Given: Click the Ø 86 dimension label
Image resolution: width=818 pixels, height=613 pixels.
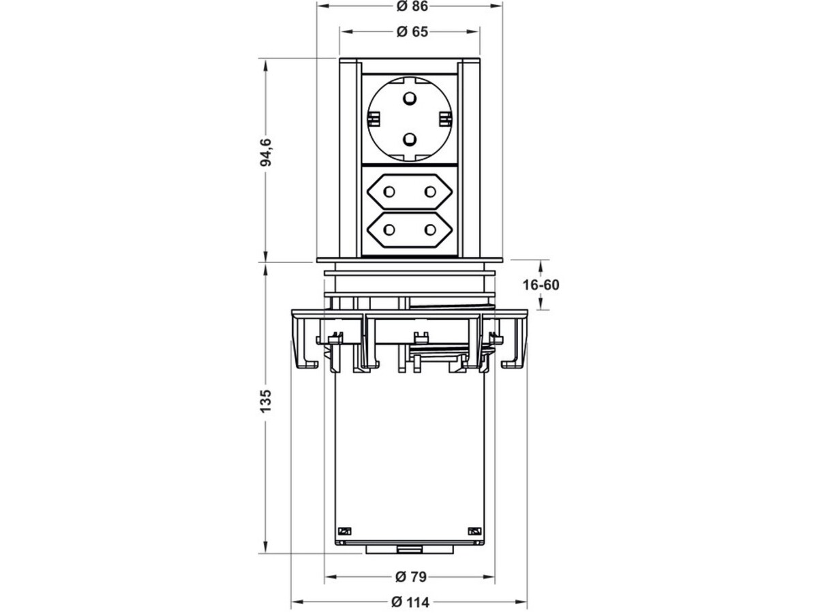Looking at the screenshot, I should pyautogui.click(x=410, y=6).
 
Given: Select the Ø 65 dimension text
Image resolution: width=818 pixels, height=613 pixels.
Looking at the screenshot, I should pyautogui.click(x=410, y=32).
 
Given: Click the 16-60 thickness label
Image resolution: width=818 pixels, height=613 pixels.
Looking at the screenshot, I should pyautogui.click(x=542, y=285).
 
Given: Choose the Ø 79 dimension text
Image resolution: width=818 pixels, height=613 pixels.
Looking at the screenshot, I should pyautogui.click(x=410, y=577).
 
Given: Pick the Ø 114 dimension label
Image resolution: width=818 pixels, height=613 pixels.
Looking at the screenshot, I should pyautogui.click(x=410, y=602).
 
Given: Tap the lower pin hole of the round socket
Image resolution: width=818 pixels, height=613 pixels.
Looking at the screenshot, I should pyautogui.click(x=410, y=140).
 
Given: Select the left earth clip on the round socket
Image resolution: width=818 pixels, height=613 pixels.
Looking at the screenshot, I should pyautogui.click(x=372, y=120).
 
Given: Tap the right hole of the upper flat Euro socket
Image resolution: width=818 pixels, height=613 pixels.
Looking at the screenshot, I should pyautogui.click(x=429, y=193).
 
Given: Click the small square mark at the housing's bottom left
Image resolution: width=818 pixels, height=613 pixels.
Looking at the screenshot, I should pyautogui.click(x=344, y=531).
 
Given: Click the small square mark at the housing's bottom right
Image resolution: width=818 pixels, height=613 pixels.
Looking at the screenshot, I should pyautogui.click(x=474, y=531).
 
